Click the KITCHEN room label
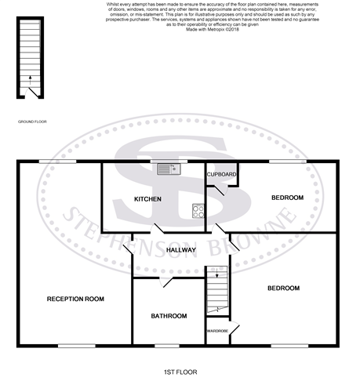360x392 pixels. click(x=147, y=199)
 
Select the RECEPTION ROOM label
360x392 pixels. click(x=75, y=299)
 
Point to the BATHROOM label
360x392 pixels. click(x=169, y=316)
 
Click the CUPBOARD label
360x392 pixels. click(x=222, y=173)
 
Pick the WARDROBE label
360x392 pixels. click(x=217, y=332)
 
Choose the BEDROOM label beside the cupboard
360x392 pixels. click(x=287, y=198)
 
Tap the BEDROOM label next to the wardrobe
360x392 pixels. click(x=283, y=289)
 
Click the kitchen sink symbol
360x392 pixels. click(x=168, y=169)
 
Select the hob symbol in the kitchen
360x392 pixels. click(x=198, y=210)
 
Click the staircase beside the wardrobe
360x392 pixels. click(x=217, y=290)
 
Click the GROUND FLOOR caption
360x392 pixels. click(x=34, y=122)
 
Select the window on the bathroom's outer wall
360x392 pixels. click(x=166, y=346)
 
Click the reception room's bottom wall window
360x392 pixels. click(x=71, y=346)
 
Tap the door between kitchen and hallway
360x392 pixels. click(x=158, y=230)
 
